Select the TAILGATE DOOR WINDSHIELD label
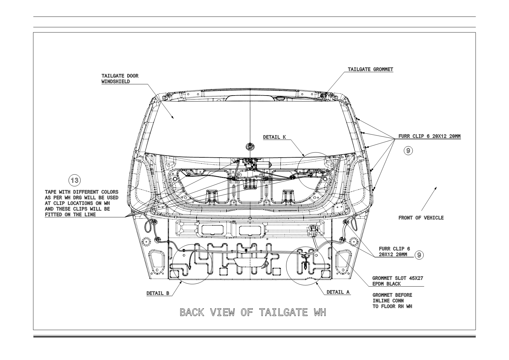(120, 79)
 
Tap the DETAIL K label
(274, 137)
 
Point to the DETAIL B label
(158, 293)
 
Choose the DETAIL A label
(338, 292)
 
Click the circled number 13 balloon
(75, 180)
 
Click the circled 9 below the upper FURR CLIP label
(408, 151)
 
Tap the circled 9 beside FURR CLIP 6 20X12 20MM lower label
(419, 255)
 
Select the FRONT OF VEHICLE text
(421, 218)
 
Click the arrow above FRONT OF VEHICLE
(429, 199)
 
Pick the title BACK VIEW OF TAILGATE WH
(253, 313)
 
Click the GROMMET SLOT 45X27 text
(398, 278)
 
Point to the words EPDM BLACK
(387, 284)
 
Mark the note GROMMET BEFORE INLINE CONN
(392, 298)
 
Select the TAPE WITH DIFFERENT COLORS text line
(82, 192)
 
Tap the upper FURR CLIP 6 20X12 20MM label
(429, 136)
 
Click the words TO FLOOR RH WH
(392, 306)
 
